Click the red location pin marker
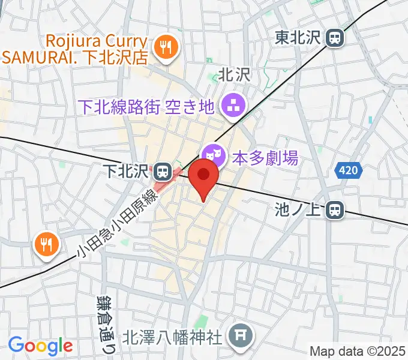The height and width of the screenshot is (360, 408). pos(203,178)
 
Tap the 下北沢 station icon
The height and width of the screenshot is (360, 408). pos(161,173)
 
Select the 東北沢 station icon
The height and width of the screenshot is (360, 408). pos(334,38)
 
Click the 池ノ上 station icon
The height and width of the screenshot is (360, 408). pos(334,209)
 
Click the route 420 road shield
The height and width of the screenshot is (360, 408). pos(348,171)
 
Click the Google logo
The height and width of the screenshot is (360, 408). pos(40,345)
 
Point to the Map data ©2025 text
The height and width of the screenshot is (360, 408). pos(358,351)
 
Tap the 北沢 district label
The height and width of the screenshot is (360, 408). pos(233,75)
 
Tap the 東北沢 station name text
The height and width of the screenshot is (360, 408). pos(298,38)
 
